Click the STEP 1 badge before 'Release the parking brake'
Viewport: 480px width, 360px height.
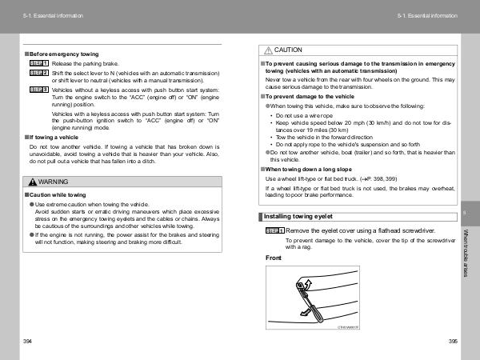pos(38,62)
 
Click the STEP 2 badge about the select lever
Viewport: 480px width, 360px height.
pos(38,73)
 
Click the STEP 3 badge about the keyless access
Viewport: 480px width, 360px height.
pos(38,90)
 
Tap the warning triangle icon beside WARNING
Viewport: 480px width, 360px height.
pos(31,182)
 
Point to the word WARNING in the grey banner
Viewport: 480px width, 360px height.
pos(53,182)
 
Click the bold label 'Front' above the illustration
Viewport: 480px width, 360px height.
pos(274,258)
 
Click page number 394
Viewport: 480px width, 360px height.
pos(29,342)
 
